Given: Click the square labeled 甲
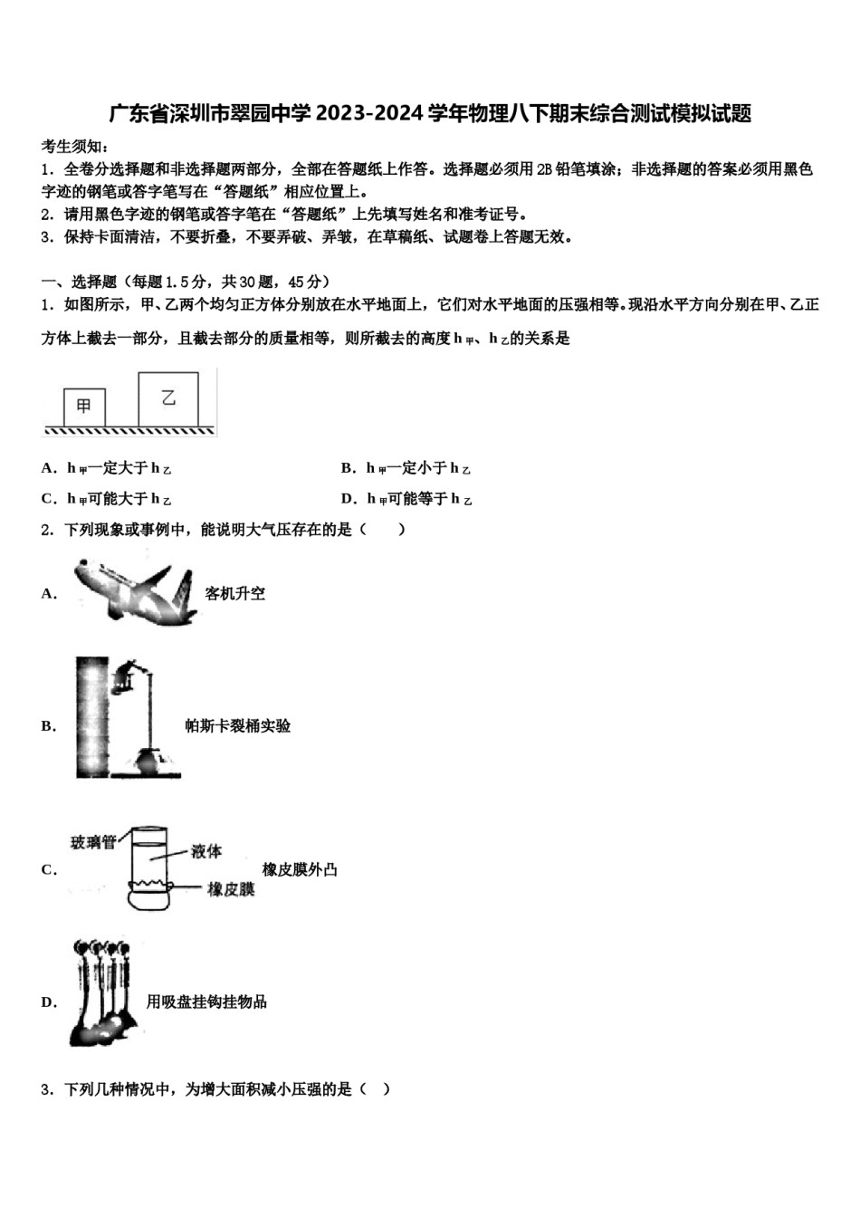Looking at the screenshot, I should (x=84, y=407).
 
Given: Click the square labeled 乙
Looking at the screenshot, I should (x=168, y=398).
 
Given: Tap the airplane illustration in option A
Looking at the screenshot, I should (x=135, y=592).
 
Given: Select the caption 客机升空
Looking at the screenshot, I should (x=234, y=594).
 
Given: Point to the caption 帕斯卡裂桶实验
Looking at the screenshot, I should (x=238, y=726).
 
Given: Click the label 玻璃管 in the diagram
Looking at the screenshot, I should (x=93, y=842).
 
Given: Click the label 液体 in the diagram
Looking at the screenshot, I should (x=206, y=851).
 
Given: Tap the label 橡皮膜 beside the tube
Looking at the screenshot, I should (x=231, y=889).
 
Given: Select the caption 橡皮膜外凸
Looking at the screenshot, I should (x=300, y=869).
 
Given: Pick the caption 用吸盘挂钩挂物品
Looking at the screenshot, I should (x=206, y=1001).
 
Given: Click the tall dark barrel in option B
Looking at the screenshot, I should (x=91, y=717).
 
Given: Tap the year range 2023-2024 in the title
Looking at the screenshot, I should (x=369, y=113).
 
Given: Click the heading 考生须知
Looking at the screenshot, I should (x=74, y=146).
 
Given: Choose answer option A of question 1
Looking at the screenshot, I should (x=106, y=468).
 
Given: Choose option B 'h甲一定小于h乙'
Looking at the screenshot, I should (x=406, y=468).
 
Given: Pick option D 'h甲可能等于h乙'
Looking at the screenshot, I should (x=406, y=499).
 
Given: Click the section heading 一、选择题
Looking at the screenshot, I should (x=80, y=282).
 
